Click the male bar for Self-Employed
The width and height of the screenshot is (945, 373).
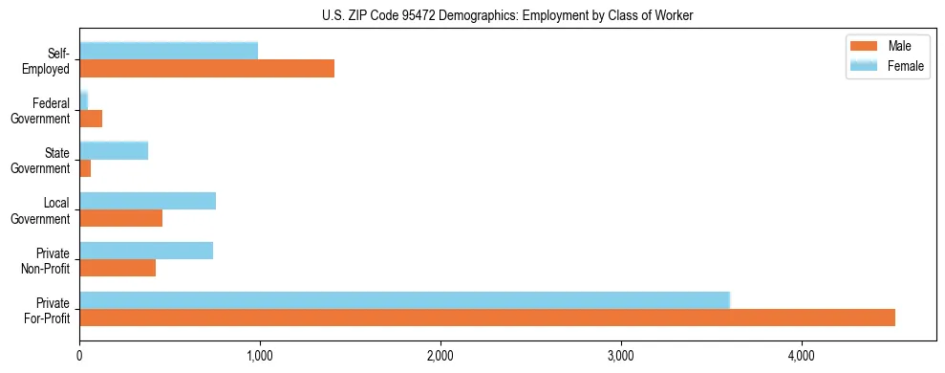pos(206,68)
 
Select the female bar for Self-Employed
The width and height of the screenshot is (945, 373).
pos(168,51)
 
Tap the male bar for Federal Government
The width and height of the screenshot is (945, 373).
pos(91,119)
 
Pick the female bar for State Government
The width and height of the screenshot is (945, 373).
pos(114,150)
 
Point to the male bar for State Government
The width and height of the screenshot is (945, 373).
pos(85,168)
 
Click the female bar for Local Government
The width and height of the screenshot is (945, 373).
pos(147,200)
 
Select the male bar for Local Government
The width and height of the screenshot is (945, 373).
pos(120,218)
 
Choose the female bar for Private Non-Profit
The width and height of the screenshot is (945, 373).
pos(146,251)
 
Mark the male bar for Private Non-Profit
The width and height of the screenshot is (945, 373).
pos(118,268)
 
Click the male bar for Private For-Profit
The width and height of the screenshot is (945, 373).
pos(487,318)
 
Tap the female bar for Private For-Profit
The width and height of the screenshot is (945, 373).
pos(404,300)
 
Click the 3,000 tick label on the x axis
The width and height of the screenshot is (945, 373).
pos(621,356)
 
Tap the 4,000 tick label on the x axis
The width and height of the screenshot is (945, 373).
pos(802,356)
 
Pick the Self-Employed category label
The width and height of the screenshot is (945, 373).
pos(51,59)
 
